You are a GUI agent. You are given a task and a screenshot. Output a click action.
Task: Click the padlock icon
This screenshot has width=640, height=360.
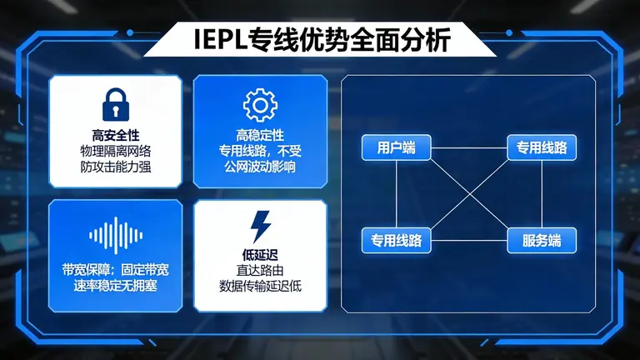point(115,105)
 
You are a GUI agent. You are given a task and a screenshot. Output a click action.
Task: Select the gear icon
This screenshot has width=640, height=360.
point(259,105)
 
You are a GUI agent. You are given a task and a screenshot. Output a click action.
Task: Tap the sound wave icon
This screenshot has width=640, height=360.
point(115,235)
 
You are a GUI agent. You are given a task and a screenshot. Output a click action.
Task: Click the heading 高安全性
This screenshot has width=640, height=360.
point(115,135)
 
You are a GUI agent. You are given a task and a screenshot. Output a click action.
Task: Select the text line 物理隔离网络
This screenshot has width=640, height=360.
point(115,151)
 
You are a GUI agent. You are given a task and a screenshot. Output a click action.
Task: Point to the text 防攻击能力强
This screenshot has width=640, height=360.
point(115,167)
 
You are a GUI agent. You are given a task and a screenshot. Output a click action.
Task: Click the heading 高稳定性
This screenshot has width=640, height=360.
point(259,135)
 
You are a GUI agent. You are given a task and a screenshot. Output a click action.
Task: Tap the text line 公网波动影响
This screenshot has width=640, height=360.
point(259,167)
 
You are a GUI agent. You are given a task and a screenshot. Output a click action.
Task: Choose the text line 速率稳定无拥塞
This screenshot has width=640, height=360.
point(115,286)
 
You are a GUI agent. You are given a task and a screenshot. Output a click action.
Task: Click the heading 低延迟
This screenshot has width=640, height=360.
point(259,254)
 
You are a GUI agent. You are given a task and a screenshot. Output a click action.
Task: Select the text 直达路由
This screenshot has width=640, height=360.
point(259,270)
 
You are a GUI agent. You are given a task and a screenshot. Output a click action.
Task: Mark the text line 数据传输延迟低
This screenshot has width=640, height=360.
point(259,286)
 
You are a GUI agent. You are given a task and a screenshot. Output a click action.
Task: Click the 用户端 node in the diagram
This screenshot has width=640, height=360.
point(396,148)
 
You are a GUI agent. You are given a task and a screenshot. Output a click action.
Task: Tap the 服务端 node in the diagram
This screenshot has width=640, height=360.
point(542,241)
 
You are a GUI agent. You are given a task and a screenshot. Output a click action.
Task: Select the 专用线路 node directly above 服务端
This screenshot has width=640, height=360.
point(542,148)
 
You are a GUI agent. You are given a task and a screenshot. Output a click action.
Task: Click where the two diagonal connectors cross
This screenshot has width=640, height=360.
point(469,195)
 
